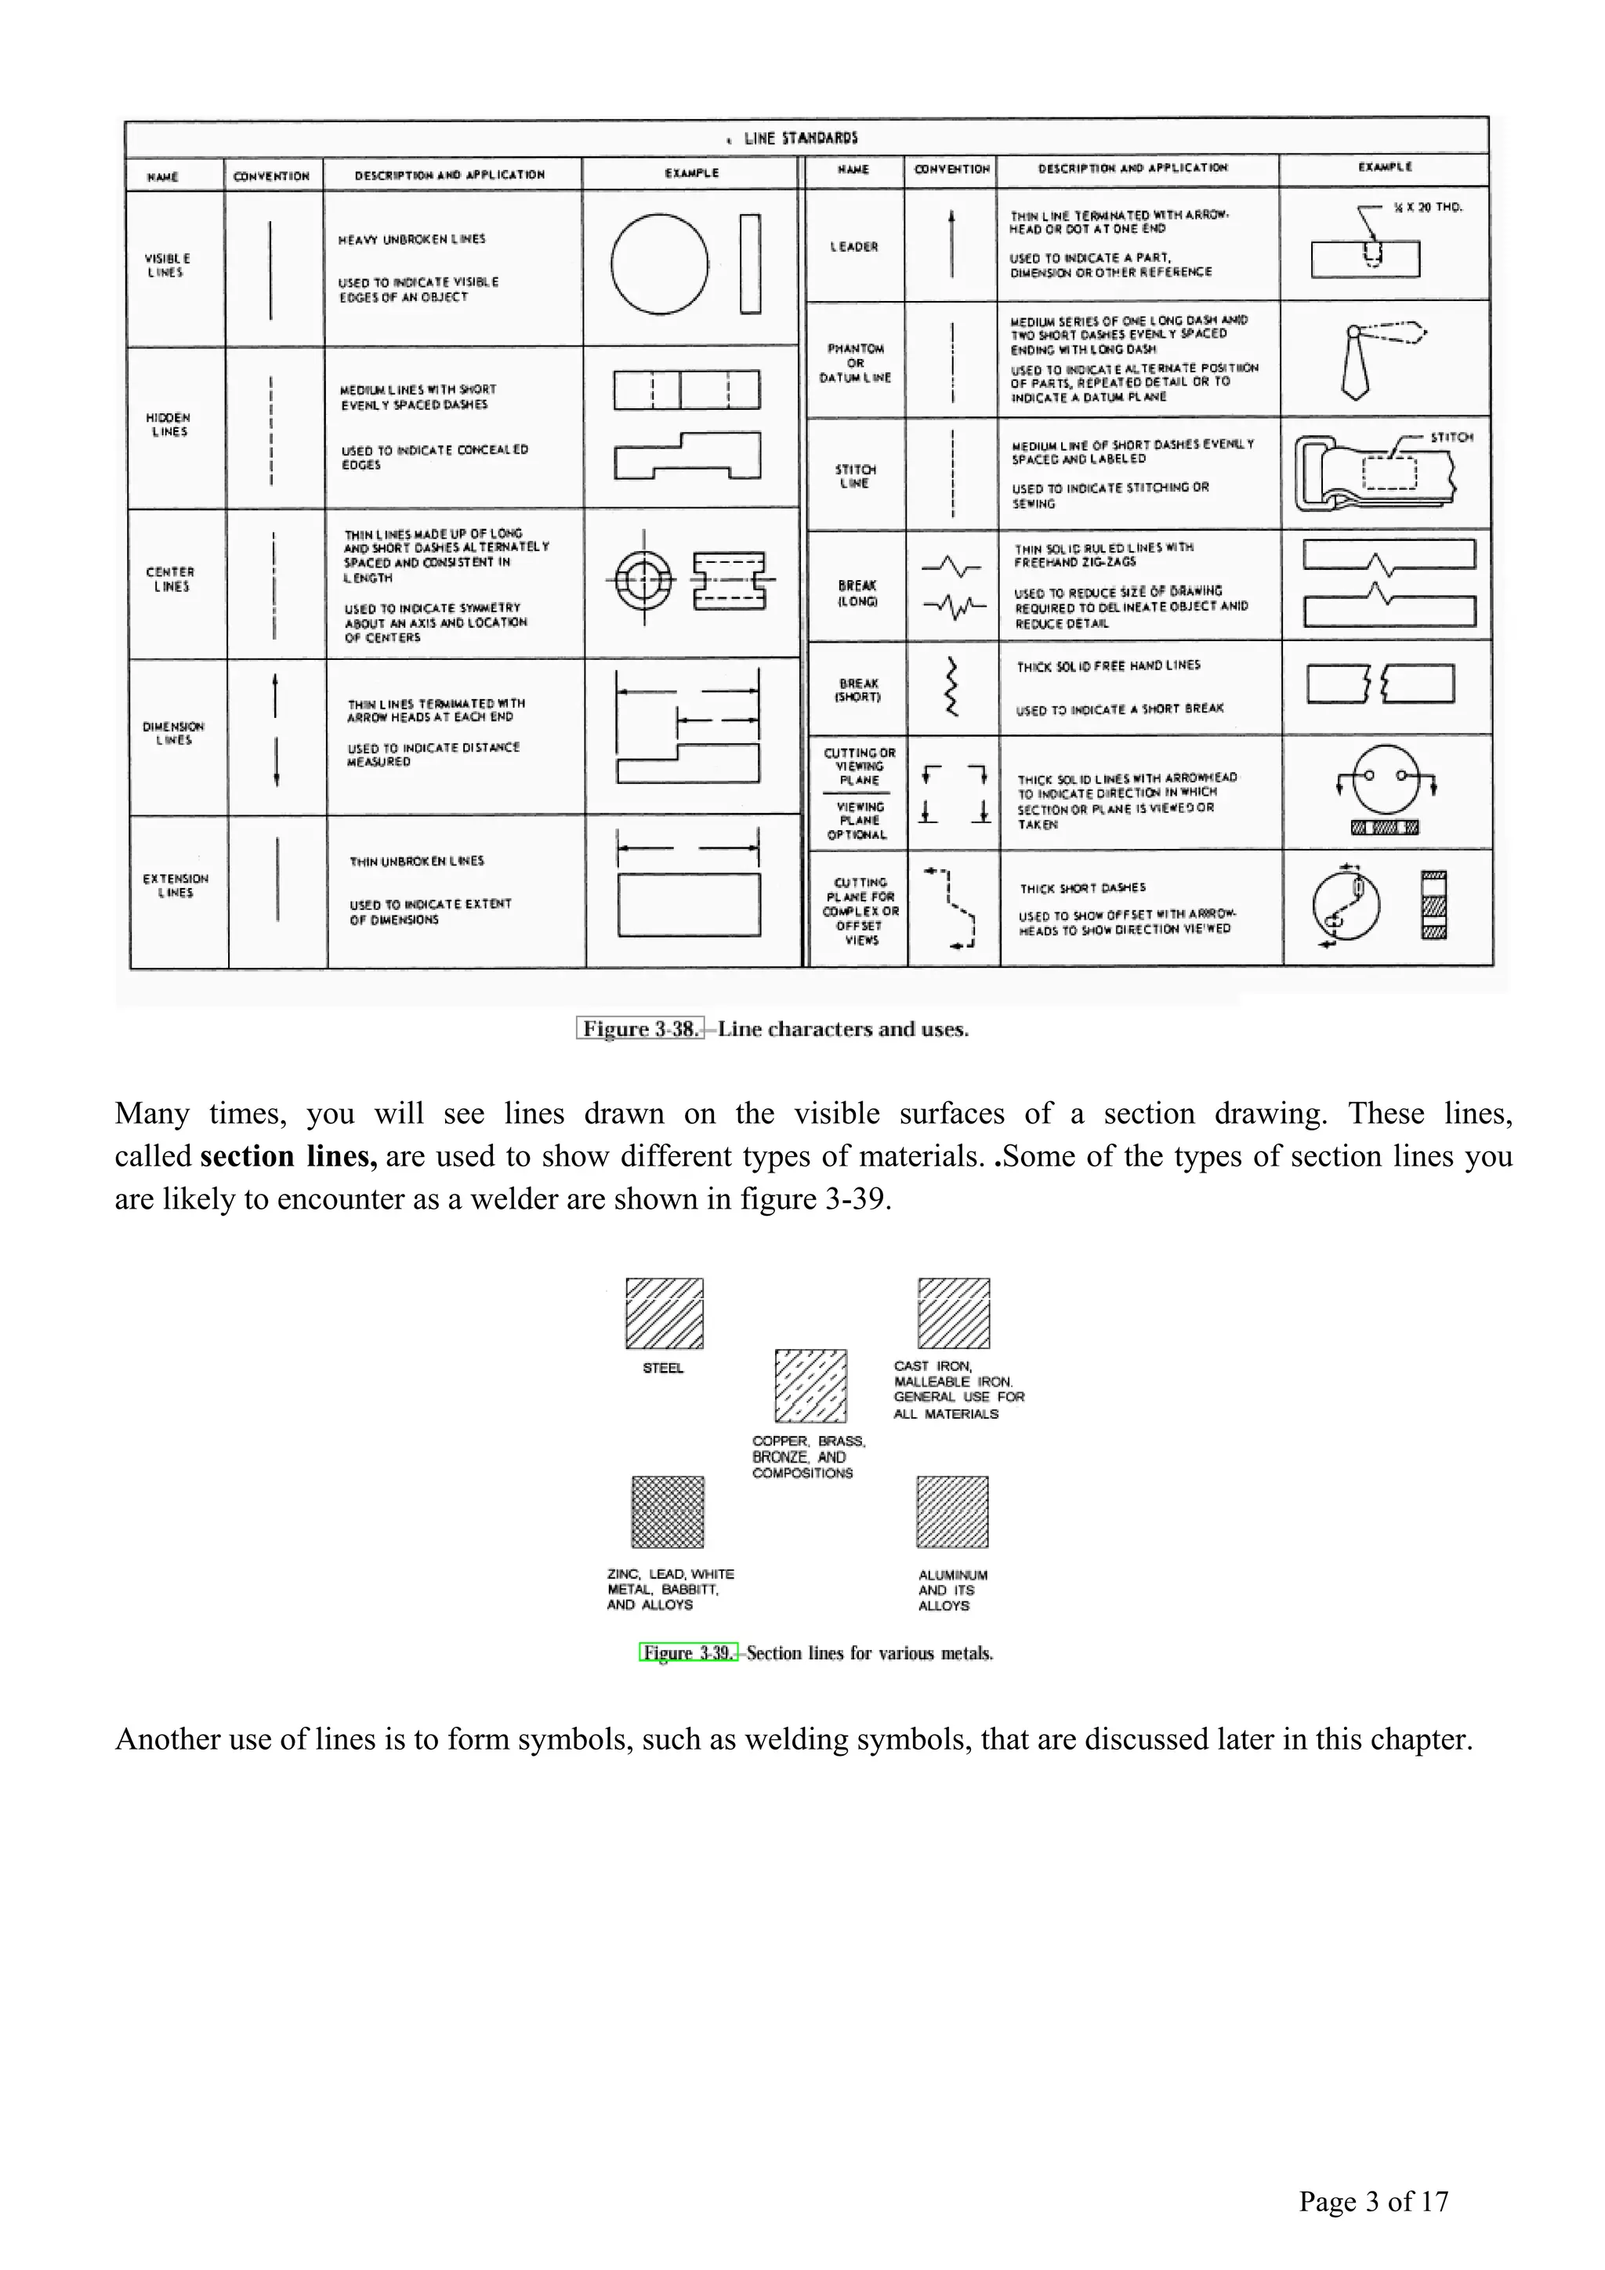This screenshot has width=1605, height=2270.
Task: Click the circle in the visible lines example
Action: click(659, 264)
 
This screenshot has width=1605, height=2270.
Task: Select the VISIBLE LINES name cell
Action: click(166, 265)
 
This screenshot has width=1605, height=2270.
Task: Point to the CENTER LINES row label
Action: click(170, 579)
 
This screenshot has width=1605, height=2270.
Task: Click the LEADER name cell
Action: click(854, 246)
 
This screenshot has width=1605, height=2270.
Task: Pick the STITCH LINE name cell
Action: click(855, 476)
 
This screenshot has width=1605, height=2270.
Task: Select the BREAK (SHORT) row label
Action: click(858, 689)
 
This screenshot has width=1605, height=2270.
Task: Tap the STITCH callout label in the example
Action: click(1451, 437)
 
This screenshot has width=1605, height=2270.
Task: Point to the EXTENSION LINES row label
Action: click(176, 885)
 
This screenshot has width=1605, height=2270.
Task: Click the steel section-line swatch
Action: click(664, 1313)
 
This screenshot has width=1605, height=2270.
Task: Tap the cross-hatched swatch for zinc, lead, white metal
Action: click(668, 1512)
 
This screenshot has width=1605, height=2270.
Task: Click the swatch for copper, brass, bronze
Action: click(810, 1385)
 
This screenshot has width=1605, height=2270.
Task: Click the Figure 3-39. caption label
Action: click(688, 1652)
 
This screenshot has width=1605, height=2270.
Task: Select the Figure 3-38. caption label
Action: click(640, 1028)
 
